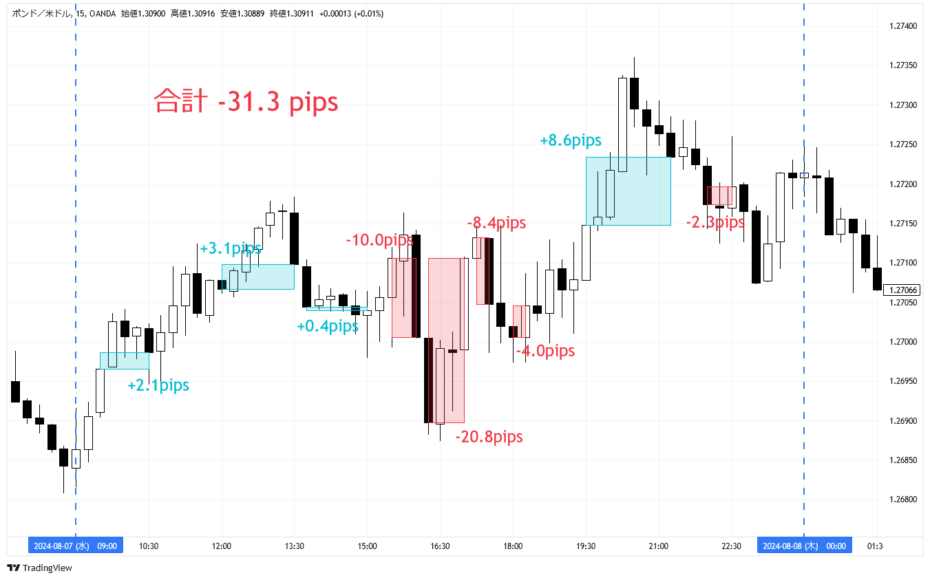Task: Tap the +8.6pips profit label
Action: [571, 140]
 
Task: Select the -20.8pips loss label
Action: [489, 437]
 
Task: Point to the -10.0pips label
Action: [379, 240]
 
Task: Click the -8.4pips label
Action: [496, 223]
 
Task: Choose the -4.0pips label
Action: [545, 352]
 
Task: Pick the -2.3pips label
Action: [715, 222]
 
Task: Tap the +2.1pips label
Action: [158, 386]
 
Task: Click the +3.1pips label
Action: [231, 248]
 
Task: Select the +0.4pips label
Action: [328, 326]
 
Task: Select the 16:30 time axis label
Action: [440, 546]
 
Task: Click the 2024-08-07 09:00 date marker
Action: [76, 546]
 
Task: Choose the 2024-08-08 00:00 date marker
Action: [804, 546]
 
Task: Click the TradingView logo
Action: [39, 568]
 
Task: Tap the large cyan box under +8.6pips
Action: [628, 191]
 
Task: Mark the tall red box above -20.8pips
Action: [446, 341]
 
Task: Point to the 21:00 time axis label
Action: [659, 546]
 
